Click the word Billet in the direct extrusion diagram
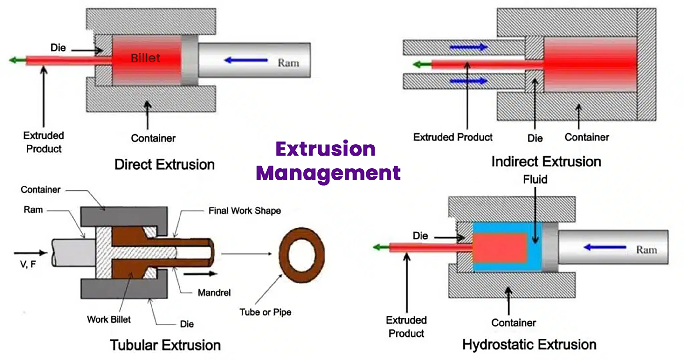(145, 58)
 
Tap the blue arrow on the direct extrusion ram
(246, 60)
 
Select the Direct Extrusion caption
(164, 165)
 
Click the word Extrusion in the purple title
(325, 149)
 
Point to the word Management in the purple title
(328, 173)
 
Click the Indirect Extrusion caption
(546, 162)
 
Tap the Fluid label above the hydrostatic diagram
(535, 180)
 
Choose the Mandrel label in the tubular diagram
(214, 293)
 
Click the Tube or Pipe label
(265, 312)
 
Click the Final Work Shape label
(245, 211)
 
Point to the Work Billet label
(109, 319)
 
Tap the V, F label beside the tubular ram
(28, 264)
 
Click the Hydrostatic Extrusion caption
(529, 345)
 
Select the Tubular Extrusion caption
(165, 345)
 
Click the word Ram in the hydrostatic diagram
(647, 250)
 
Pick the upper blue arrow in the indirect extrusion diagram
(468, 48)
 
